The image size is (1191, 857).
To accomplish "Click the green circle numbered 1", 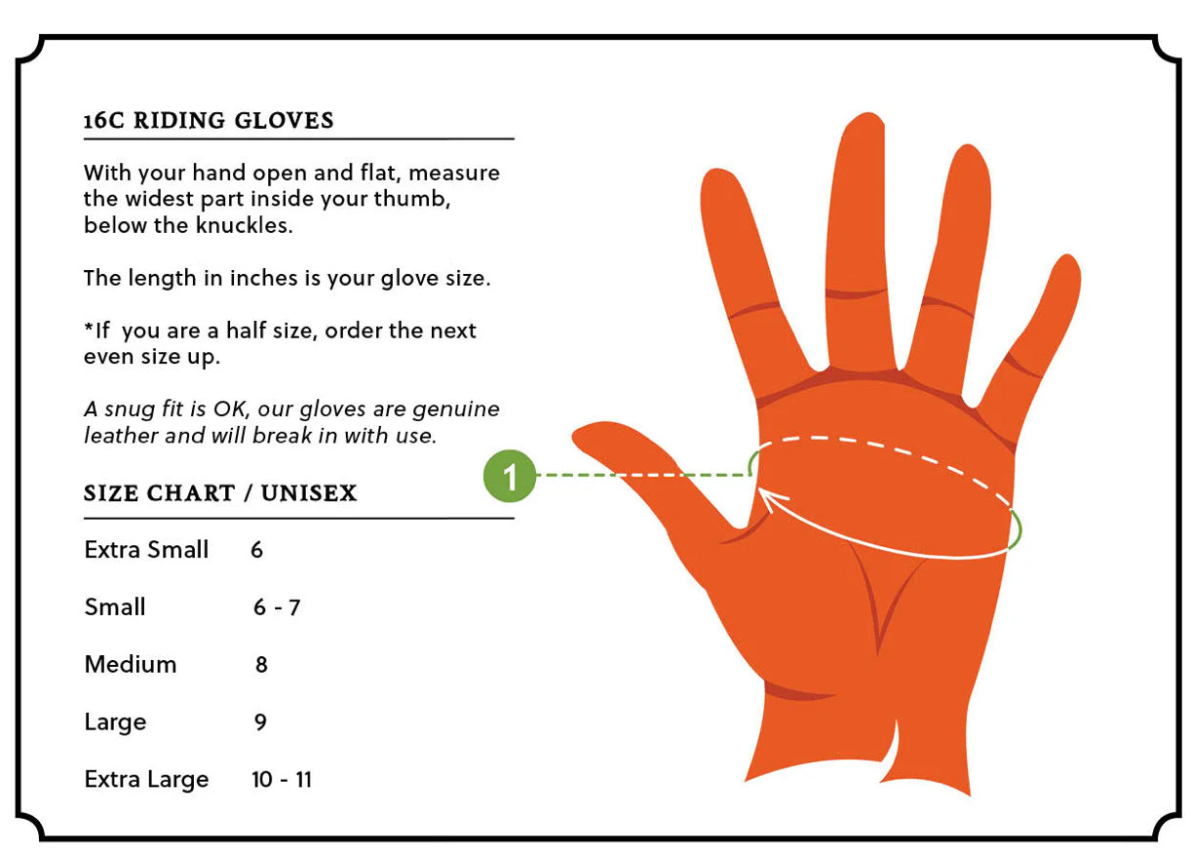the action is click(510, 476).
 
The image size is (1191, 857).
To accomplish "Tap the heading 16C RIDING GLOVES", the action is click(209, 121).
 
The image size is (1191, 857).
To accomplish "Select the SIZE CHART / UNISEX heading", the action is click(220, 493).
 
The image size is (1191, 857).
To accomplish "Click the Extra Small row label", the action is click(146, 550).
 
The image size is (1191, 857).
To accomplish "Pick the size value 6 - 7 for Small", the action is click(277, 607).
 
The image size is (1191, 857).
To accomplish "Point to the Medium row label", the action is click(131, 664).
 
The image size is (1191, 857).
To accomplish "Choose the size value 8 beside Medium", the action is click(261, 665).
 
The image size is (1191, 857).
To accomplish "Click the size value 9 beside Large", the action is click(260, 721).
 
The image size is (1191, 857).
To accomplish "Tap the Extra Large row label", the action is click(146, 780).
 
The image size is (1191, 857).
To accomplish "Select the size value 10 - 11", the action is click(282, 780).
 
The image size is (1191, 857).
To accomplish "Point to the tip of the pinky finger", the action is click(1070, 256).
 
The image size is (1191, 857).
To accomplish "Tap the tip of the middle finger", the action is click(867, 114).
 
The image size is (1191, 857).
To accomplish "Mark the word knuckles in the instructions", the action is click(244, 225).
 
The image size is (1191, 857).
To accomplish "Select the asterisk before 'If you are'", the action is click(89, 326).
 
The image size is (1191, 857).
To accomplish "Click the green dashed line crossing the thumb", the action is click(642, 475).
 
